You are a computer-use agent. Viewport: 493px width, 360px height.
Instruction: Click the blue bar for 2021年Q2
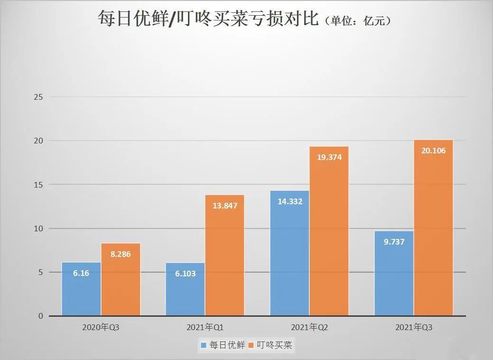click(289, 256)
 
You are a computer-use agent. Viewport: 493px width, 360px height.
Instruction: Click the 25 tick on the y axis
click(38, 97)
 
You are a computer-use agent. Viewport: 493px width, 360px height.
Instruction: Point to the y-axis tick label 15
click(38, 185)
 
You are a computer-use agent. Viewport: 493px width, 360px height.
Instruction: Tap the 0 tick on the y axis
click(40, 316)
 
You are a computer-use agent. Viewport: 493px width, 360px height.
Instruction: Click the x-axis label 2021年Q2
click(309, 328)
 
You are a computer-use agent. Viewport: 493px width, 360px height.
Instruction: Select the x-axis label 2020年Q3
click(101, 328)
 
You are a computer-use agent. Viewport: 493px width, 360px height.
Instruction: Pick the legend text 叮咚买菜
click(276, 346)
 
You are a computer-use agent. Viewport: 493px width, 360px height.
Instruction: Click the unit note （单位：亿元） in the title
click(359, 21)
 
